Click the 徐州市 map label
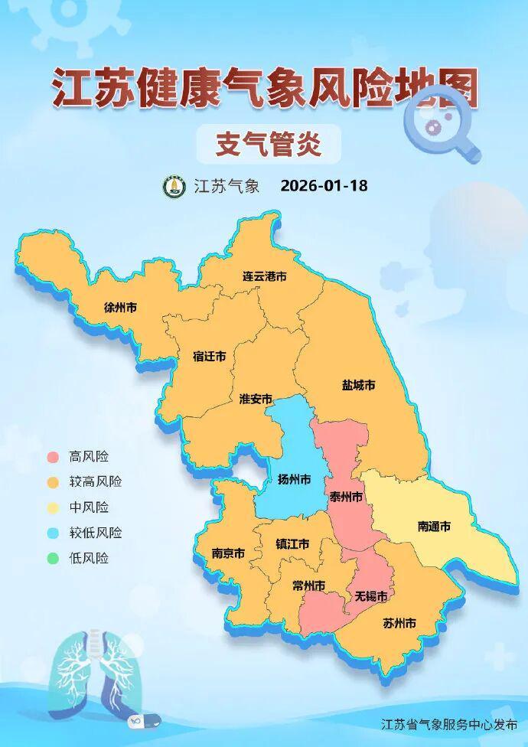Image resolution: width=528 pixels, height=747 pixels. click(120, 308)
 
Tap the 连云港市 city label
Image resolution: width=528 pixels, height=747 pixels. click(264, 276)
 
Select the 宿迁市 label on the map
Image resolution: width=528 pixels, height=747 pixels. click(209, 357)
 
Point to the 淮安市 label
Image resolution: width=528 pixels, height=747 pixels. click(256, 400)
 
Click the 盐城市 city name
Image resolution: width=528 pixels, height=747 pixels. click(358, 386)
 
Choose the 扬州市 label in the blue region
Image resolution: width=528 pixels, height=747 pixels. click(294, 480)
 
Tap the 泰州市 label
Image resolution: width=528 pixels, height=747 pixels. click(345, 497)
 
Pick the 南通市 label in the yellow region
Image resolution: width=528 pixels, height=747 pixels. click(434, 527)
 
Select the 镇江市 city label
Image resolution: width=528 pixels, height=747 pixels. click(292, 545)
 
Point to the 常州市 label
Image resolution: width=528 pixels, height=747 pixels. click(308, 586)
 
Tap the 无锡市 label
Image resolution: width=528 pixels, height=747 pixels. click(370, 596)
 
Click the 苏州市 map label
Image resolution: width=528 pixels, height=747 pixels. click(399, 623)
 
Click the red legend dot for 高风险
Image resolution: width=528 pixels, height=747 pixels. click(53, 457)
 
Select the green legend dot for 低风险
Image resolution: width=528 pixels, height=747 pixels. click(53, 558)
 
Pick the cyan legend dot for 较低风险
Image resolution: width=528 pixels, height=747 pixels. click(53, 533)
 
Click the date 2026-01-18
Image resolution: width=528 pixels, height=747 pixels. click(324, 186)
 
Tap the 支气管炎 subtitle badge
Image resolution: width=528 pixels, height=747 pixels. click(267, 144)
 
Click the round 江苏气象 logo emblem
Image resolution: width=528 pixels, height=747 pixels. click(174, 186)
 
